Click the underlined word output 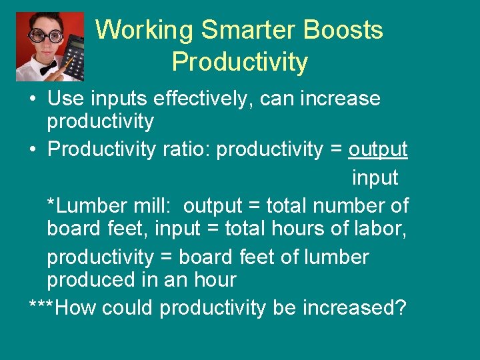tap(377, 150)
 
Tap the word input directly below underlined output tap(375, 178)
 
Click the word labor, tap(377, 229)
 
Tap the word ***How tap(60, 308)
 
